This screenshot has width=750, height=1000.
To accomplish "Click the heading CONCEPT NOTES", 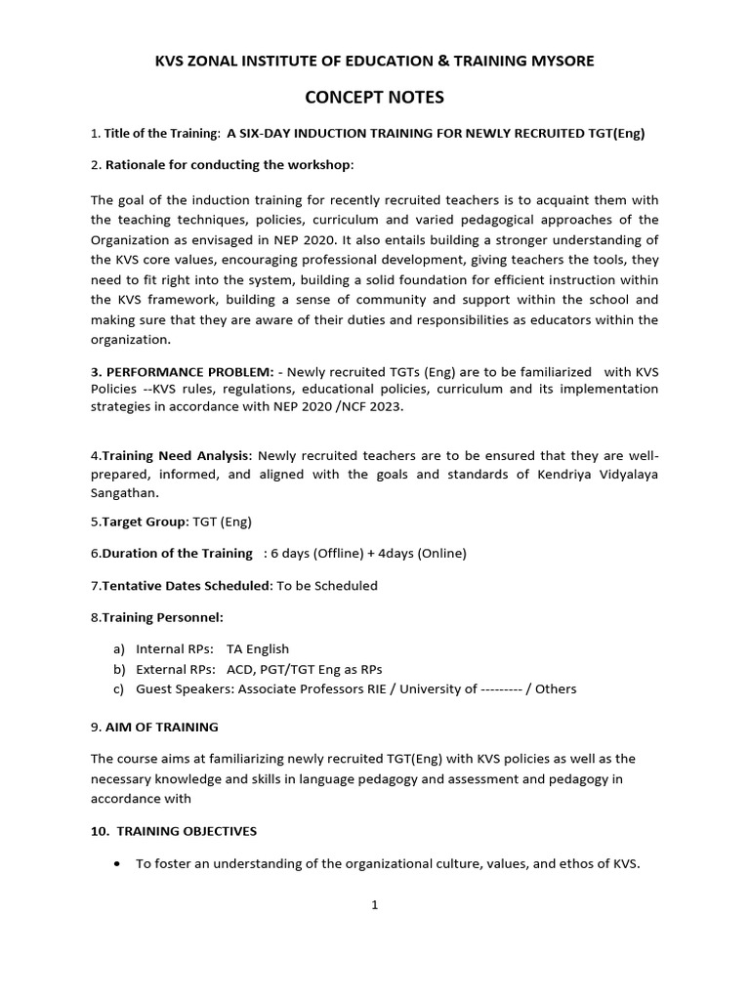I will coord(374,97).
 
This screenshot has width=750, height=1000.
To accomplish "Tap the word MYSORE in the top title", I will coord(560,61).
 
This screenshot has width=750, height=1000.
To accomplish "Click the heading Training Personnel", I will coord(161,617).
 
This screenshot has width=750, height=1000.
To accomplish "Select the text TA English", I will coord(258,648).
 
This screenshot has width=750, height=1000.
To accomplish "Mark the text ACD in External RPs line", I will coord(239,669).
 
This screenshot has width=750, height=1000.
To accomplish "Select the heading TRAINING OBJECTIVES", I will coord(186,831).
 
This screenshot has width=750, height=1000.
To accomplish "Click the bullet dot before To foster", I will coord(118,864).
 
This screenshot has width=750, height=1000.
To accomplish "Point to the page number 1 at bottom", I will coord(374,905).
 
